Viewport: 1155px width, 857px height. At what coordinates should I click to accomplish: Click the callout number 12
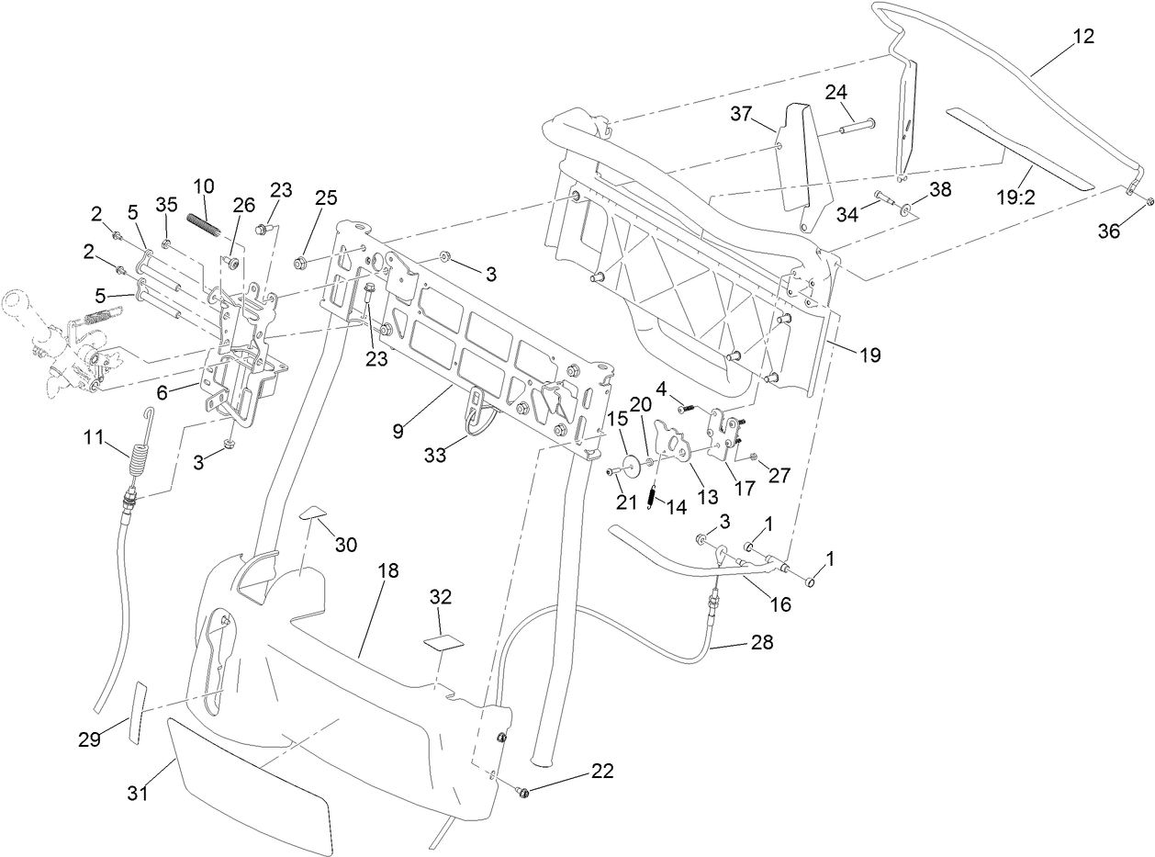pyautogui.click(x=1083, y=37)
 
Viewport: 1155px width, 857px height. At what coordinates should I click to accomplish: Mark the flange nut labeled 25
pyautogui.click(x=300, y=265)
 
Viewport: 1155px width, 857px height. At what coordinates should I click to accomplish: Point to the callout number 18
pyautogui.click(x=388, y=570)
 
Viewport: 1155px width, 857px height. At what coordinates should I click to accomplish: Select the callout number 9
pyautogui.click(x=398, y=430)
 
